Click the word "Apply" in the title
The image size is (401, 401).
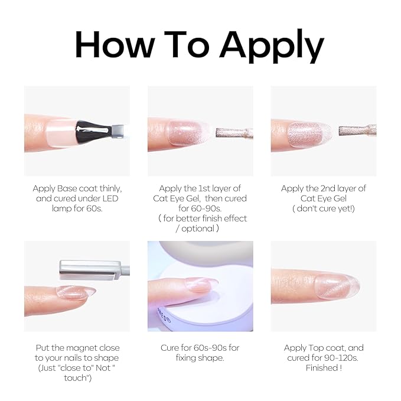(272, 46)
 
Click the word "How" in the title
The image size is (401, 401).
(115, 44)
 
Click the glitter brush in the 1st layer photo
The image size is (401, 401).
(234, 133)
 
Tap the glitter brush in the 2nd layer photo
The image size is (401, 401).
(357, 131)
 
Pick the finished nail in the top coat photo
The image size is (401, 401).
(337, 286)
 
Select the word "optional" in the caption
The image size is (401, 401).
(198, 229)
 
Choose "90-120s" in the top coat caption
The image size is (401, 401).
(341, 358)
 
